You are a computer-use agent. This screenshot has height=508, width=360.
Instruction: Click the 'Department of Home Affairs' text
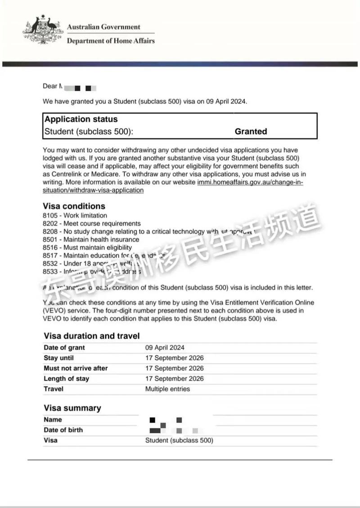pos(110,41)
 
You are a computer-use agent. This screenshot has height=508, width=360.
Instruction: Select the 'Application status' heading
pos(81,119)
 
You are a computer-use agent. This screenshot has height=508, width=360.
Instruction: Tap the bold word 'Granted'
pos(251,132)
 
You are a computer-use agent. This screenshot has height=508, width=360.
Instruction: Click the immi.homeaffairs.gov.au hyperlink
pos(250,182)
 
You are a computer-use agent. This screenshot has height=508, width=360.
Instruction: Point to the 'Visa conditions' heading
pos(74,206)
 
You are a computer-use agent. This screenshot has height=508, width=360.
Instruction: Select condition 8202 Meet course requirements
pos(91,224)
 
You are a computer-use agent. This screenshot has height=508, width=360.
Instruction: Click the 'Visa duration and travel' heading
pos(91,336)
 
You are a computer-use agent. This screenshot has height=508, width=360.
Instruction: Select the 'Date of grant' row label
pos(64,348)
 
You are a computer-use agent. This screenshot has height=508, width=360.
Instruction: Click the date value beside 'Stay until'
pos(174,358)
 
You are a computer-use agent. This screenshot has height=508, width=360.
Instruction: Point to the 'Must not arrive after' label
pos(76,368)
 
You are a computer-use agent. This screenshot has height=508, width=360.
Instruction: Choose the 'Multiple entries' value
pos(167,389)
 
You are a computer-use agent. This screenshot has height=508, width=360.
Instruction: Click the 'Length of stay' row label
pos(66,379)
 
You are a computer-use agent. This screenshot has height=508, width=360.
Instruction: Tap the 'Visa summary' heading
pos(72,408)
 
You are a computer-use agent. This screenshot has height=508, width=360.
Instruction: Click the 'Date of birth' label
pos(63,430)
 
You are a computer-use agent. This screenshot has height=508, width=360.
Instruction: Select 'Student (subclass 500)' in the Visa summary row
pos(179,440)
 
